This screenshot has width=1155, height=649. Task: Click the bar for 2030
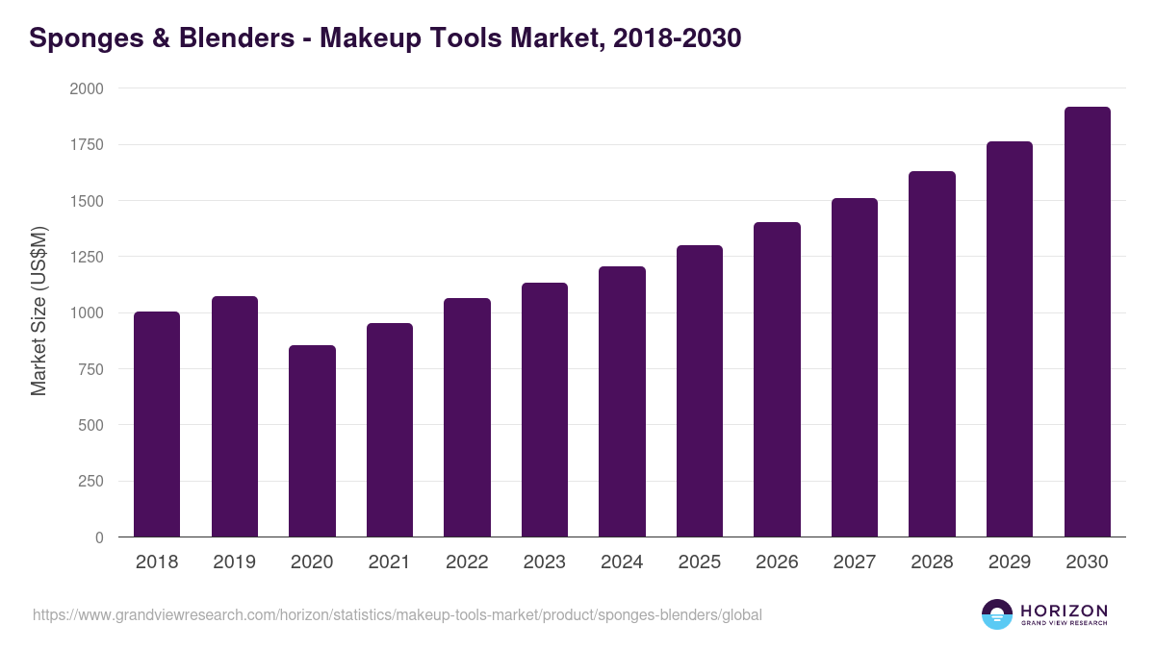click(1088, 322)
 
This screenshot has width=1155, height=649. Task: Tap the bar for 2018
click(157, 424)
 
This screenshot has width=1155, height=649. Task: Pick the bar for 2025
click(700, 391)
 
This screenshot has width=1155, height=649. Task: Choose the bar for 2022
click(467, 417)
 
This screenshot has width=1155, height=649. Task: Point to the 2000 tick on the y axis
click(87, 88)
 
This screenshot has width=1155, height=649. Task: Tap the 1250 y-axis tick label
click(87, 257)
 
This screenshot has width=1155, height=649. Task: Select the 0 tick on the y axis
click(99, 537)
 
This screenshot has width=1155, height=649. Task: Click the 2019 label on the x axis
click(235, 562)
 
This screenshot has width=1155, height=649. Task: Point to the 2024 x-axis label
click(622, 562)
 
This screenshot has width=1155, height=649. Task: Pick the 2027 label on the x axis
click(855, 562)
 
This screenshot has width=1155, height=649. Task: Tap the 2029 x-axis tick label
click(1010, 562)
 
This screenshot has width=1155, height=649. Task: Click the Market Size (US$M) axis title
click(38, 311)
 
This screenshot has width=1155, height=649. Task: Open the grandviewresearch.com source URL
click(397, 614)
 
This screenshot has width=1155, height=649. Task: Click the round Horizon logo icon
click(997, 614)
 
